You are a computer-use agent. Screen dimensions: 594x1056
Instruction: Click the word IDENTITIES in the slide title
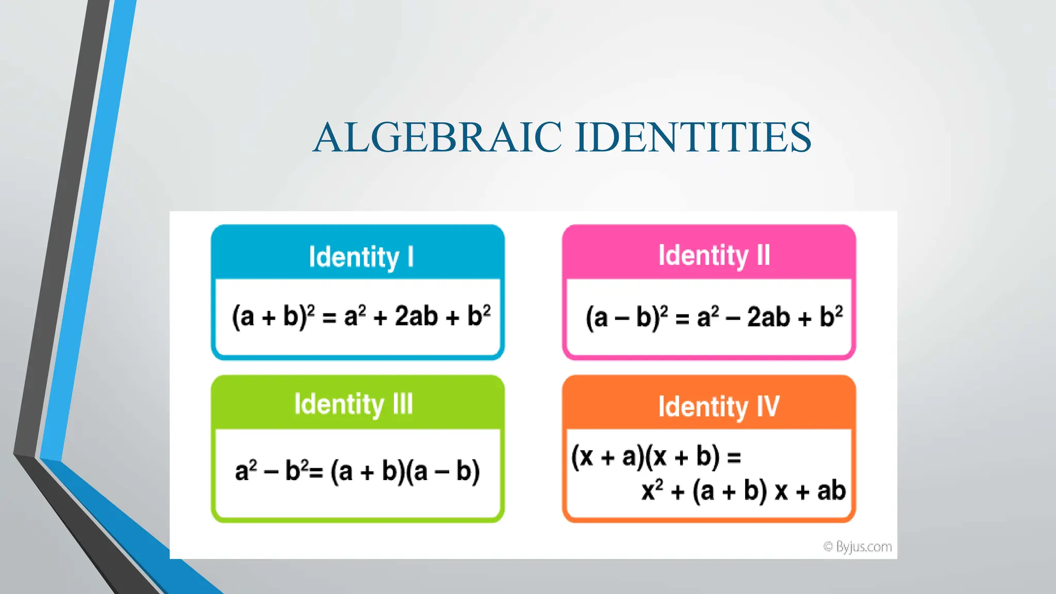click(x=693, y=137)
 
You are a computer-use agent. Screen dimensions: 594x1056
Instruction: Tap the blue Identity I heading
click(x=361, y=257)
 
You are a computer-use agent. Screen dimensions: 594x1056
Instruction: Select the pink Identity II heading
click(x=714, y=255)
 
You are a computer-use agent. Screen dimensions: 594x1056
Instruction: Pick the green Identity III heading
click(x=354, y=404)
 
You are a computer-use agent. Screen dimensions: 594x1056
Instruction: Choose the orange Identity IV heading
click(x=718, y=407)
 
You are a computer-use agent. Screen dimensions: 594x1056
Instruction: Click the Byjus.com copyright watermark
click(x=857, y=547)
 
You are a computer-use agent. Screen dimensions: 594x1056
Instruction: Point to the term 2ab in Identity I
click(x=416, y=316)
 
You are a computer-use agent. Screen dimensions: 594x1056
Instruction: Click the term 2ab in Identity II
click(x=768, y=317)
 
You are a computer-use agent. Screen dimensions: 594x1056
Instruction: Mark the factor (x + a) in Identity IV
click(x=606, y=456)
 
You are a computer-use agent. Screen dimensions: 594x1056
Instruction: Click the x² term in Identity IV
click(x=652, y=490)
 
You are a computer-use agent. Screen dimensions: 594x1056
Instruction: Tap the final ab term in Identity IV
click(x=831, y=490)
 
